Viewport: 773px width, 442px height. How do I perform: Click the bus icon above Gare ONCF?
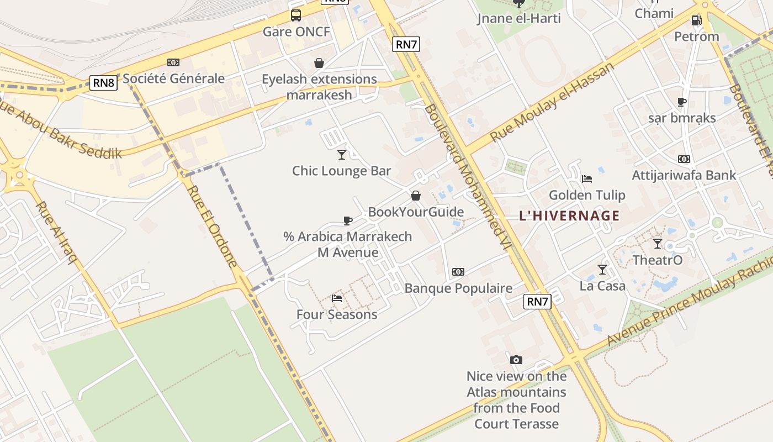click(x=296, y=15)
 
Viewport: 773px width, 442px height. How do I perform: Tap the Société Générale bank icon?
click(x=173, y=62)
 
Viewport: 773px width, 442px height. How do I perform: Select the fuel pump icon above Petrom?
click(x=696, y=20)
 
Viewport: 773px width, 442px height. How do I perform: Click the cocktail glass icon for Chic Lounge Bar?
click(x=342, y=154)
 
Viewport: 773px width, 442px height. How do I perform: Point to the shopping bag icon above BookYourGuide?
click(x=416, y=196)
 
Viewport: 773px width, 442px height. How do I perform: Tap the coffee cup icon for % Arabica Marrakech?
click(x=348, y=220)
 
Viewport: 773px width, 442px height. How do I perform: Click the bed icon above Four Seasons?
click(x=337, y=298)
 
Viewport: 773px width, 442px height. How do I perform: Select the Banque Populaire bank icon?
click(x=458, y=272)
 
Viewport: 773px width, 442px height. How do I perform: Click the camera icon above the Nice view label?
click(x=516, y=360)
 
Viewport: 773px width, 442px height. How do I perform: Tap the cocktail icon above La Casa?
click(x=602, y=270)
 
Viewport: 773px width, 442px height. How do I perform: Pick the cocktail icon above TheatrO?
click(x=658, y=244)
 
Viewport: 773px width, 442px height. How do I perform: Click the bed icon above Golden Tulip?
click(x=587, y=179)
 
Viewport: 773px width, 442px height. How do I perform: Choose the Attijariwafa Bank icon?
click(x=684, y=159)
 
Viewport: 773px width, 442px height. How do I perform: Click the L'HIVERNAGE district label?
click(x=569, y=215)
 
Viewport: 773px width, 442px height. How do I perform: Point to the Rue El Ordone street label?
click(x=213, y=226)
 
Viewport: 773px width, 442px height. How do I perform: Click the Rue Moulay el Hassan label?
click(x=552, y=102)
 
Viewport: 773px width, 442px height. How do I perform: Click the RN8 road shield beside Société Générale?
click(x=104, y=83)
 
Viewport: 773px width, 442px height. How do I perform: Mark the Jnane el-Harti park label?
click(x=519, y=18)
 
